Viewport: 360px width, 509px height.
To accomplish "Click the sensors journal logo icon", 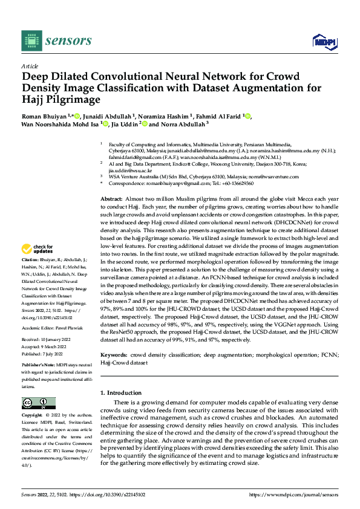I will click(30, 40).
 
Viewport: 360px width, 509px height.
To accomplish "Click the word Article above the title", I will click(30, 66).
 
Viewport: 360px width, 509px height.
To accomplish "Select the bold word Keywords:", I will click(114, 355).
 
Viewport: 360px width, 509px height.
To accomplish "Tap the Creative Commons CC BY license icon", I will click(38, 403).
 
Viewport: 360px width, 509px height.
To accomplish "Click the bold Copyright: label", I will click(33, 416).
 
